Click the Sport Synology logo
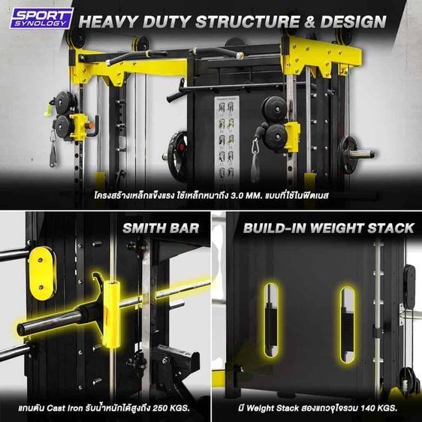41,18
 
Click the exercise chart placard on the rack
225,135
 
